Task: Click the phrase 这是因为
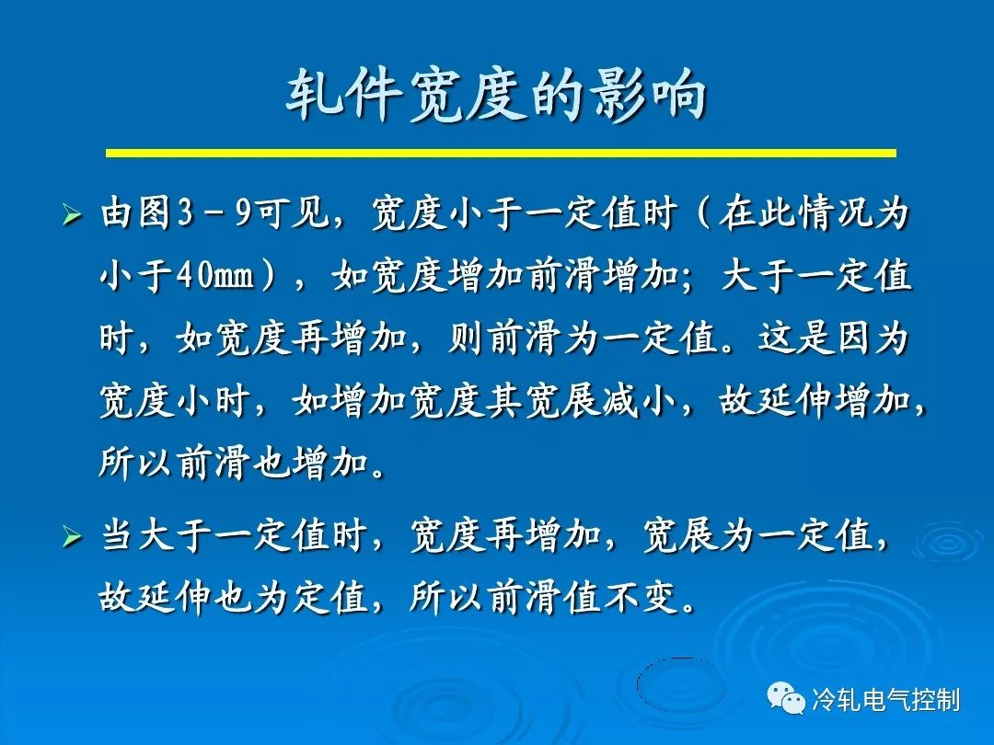[x=834, y=339]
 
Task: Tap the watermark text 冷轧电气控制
[x=885, y=701]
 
